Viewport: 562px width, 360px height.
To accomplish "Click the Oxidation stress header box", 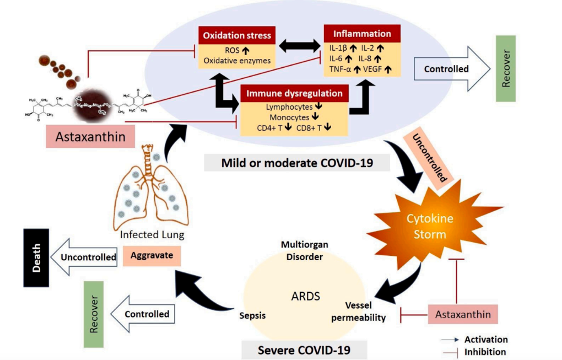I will coord(237,35).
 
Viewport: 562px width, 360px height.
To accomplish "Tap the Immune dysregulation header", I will coord(295,93).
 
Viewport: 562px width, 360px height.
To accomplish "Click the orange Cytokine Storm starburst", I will coord(430,225).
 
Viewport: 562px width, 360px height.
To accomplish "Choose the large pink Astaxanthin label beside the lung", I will coord(90,135).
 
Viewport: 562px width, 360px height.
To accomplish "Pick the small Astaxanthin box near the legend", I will coord(463,314).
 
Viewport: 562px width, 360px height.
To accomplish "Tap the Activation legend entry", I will coord(485,340).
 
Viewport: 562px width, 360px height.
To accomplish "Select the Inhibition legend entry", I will coord(484,351).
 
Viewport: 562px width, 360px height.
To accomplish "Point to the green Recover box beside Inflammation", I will coord(506,68).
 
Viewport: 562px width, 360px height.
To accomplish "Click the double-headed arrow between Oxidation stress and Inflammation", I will coord(299,47).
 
